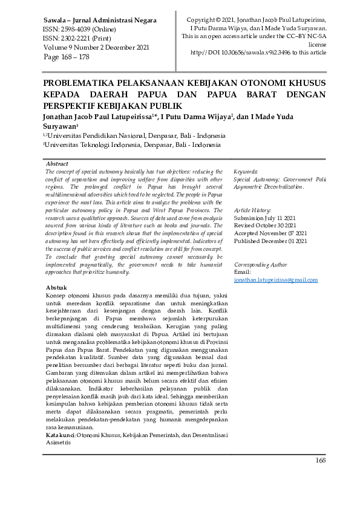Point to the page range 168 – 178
coord(76,56)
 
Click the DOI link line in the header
coord(258,53)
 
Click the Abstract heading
coord(57,164)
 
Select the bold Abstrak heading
coord(57,288)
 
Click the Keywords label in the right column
coord(246,172)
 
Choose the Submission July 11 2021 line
coord(264,218)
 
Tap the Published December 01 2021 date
coord(270,241)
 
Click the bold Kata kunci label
coord(61,435)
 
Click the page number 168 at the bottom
coord(320,461)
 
